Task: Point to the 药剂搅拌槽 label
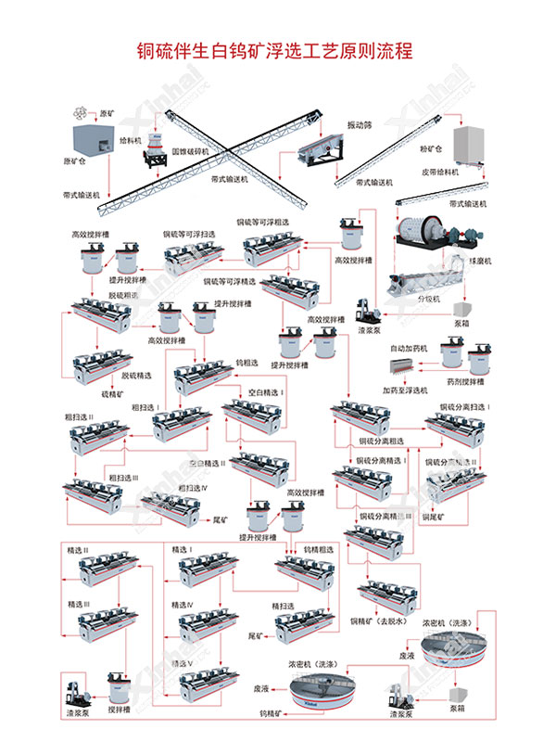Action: pos(465,381)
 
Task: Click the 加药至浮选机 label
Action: pos(407,390)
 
